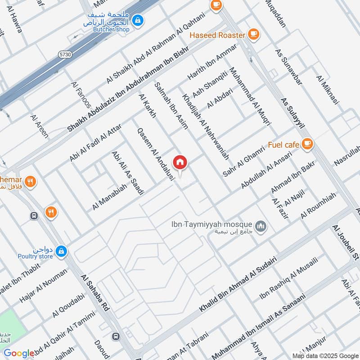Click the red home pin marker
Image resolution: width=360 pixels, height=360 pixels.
180,162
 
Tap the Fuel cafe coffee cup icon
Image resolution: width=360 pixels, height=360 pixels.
308,144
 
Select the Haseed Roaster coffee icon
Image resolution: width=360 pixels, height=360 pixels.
254,35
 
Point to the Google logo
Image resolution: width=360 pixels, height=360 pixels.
19,353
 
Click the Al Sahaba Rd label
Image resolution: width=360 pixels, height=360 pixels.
95,293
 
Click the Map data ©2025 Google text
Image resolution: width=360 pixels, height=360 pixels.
324,355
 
